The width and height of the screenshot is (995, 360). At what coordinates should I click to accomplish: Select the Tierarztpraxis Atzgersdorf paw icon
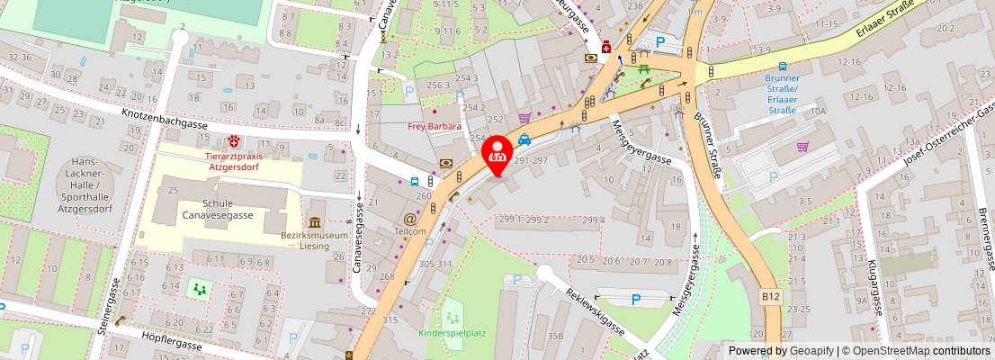235,140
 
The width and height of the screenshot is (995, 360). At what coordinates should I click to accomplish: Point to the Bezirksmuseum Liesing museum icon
315,222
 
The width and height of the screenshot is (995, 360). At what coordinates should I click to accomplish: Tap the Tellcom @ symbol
409,218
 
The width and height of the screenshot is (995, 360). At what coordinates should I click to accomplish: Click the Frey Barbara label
435,126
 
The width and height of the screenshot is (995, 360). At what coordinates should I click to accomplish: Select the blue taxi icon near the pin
524,139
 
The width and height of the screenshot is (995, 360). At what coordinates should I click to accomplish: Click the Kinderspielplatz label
452,333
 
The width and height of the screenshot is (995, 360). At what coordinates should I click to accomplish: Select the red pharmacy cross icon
607,47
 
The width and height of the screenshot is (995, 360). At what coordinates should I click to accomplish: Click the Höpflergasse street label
171,338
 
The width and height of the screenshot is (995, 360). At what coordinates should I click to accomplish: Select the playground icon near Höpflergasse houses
198,290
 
